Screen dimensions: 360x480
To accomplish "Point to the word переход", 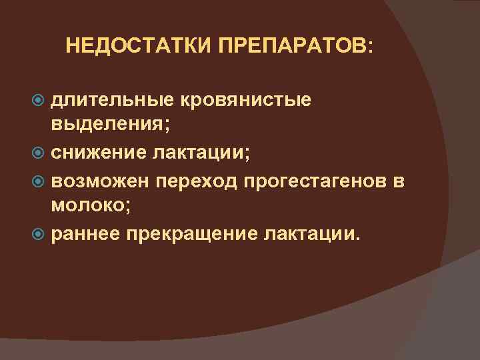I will pyautogui.click(x=198, y=182).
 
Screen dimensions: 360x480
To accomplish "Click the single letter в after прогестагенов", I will pyautogui.click(x=399, y=181).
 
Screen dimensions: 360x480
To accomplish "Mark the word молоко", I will pyautogui.click(x=91, y=207).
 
